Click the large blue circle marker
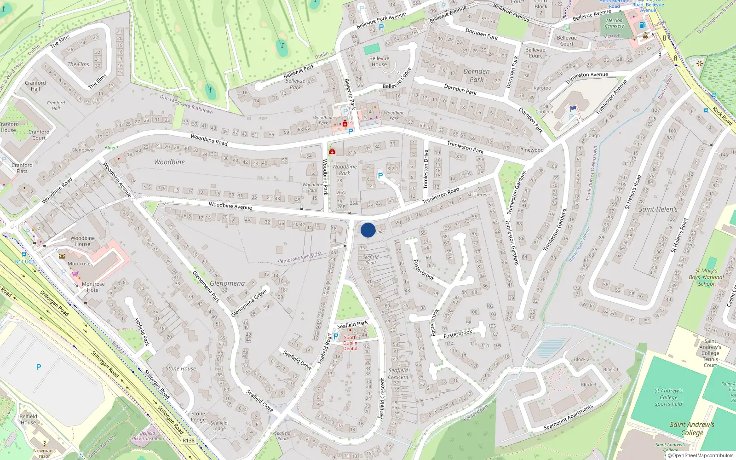point(368,230)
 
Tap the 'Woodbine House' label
point(83,241)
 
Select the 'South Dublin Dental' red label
point(350,343)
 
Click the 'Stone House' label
point(181,368)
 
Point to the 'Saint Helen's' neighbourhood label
point(658,209)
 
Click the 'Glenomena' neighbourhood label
point(227,283)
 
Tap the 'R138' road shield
point(189,440)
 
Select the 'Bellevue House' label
point(379,62)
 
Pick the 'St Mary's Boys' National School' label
point(707,277)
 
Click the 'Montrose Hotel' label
point(93,287)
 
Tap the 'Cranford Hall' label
point(35,86)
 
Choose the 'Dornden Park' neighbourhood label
point(477,75)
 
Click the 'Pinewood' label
point(532,150)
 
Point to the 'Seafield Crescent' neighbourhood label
point(398,374)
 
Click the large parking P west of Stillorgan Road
point(39,367)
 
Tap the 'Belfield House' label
point(29,420)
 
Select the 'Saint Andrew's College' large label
point(692,428)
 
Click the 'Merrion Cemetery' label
point(614,23)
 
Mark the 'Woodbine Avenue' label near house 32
point(230,206)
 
